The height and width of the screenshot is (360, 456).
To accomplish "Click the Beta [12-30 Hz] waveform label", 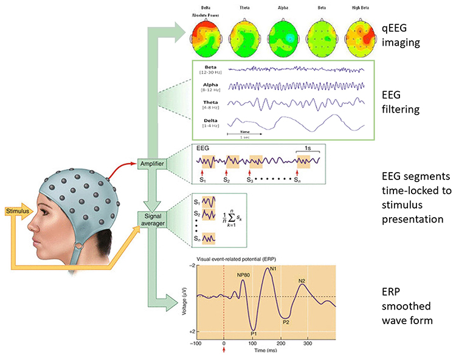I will coord(211,70).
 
